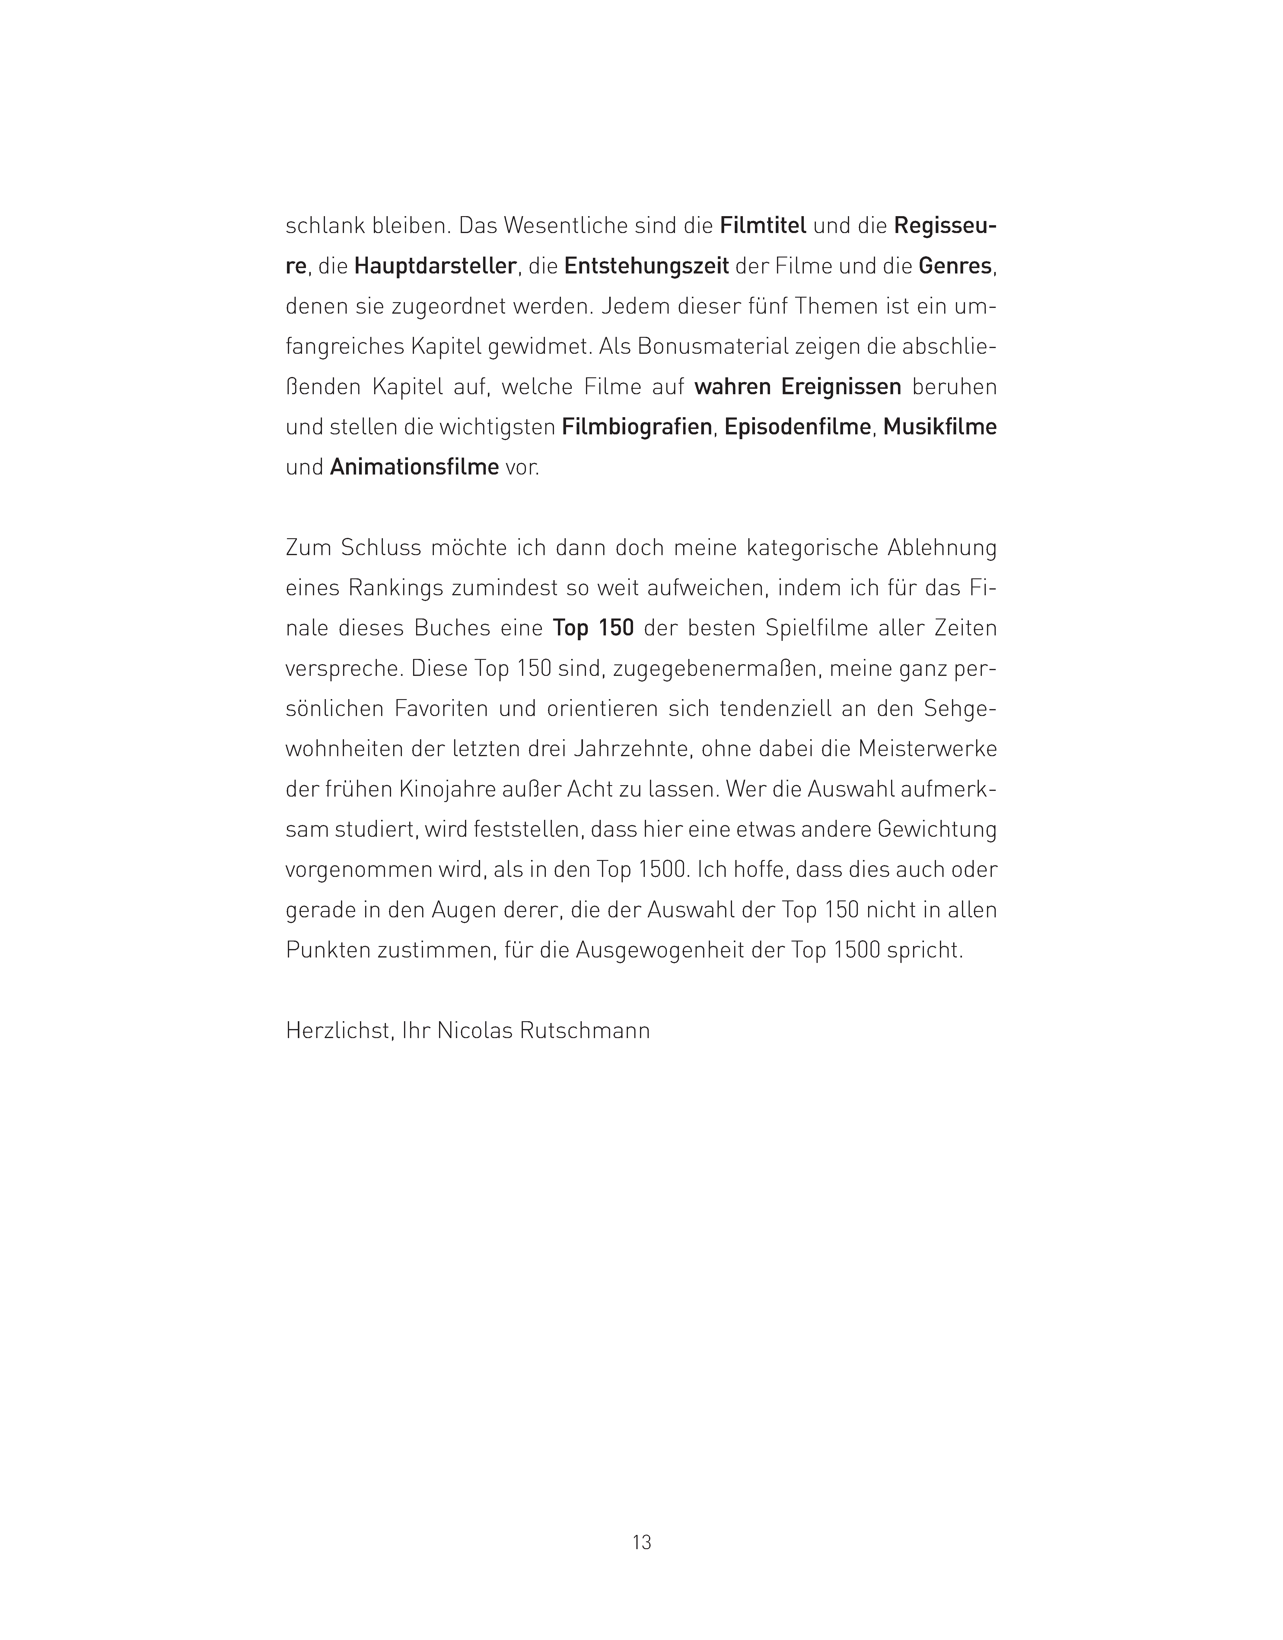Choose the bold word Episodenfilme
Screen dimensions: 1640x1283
(798, 427)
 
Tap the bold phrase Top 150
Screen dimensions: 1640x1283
(594, 627)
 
